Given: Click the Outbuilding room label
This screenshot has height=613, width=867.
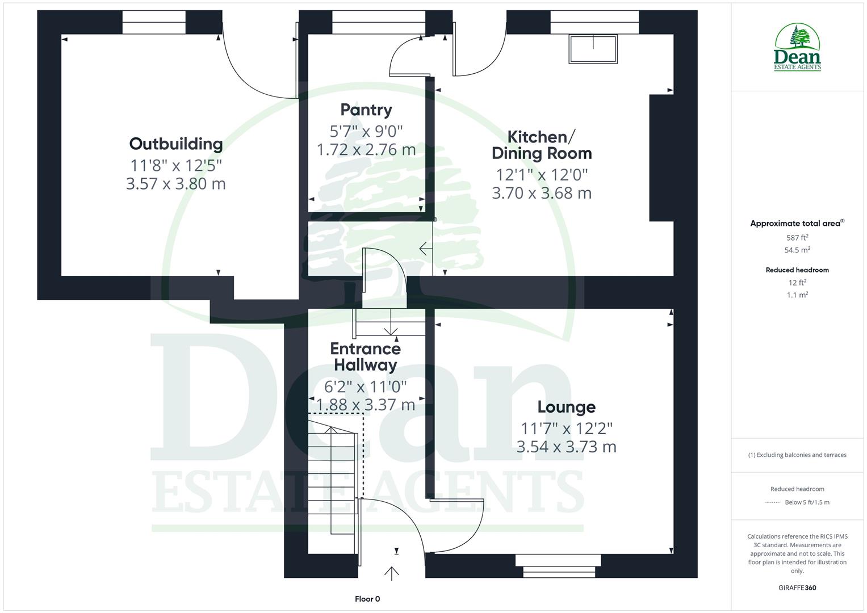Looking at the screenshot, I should pos(176,144).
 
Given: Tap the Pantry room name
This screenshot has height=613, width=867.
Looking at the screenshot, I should pos(366,110).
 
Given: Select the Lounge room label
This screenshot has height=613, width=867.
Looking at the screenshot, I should pos(566,407).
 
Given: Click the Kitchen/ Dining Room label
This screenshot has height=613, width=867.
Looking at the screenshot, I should pos(542,145).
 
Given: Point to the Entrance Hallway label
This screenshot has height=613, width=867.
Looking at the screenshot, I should pos(366,356).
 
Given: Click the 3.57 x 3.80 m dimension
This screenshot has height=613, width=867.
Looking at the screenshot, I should pos(176,184).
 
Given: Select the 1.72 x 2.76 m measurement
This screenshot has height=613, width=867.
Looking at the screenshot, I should pos(366,150).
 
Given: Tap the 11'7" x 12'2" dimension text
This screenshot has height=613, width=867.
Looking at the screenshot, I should pos(567,428).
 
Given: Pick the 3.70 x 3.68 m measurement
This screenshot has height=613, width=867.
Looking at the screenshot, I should pos(542,193).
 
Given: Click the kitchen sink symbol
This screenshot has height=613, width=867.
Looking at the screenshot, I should pos(593,49).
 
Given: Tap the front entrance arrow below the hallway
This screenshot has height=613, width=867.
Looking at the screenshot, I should pos(391,573).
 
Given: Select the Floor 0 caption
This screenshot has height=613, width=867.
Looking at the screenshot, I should pos(367,599).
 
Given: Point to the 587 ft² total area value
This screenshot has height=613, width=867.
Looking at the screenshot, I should pos(797,238).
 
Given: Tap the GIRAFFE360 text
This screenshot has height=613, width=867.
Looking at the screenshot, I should pos(797,588).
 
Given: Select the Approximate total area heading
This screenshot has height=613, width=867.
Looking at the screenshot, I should pos(797,224).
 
